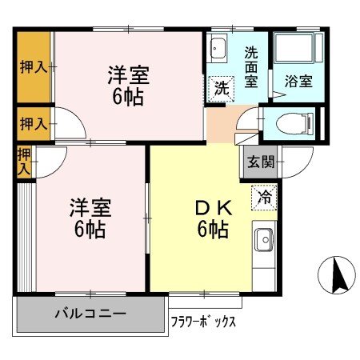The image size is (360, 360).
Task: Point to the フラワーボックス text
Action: (203, 322)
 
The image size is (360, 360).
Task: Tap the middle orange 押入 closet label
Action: (33, 123)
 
